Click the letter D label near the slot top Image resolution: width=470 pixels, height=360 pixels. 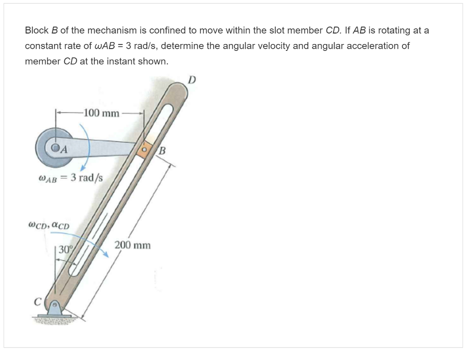192,80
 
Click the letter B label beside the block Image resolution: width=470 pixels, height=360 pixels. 162,150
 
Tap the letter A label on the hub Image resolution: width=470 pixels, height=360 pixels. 64,149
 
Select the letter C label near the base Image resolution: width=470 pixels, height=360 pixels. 38,302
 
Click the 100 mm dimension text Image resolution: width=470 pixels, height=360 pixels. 101,113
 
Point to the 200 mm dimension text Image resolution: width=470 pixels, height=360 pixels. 133,245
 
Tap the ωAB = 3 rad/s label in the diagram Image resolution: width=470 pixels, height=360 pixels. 71,178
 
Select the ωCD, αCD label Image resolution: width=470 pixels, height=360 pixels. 49,225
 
